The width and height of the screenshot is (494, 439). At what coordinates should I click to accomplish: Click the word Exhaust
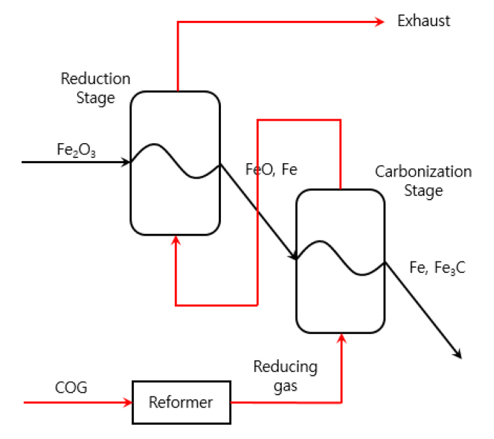(x=423, y=21)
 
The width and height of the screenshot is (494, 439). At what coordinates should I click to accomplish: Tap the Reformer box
(x=181, y=402)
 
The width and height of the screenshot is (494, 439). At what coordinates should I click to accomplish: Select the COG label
(x=71, y=388)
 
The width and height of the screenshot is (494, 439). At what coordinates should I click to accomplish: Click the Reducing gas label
(x=285, y=375)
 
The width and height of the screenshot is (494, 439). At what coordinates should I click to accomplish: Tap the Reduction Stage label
(x=95, y=88)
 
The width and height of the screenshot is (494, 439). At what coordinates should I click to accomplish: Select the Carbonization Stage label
(x=423, y=181)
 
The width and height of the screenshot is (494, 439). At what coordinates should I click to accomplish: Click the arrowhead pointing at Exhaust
(x=379, y=22)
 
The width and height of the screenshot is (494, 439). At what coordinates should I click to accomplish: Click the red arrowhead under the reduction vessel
(x=176, y=240)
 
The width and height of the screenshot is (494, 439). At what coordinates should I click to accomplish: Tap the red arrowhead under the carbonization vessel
(x=341, y=340)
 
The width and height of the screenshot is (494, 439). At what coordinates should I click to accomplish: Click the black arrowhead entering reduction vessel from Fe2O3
(x=126, y=161)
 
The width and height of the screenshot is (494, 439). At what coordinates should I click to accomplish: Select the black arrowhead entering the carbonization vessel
(x=293, y=256)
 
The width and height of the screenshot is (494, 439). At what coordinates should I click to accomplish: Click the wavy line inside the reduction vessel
(x=176, y=160)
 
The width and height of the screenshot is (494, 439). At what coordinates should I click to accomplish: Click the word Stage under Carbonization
(x=423, y=191)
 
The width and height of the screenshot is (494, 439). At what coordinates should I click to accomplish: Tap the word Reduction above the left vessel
(x=95, y=79)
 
